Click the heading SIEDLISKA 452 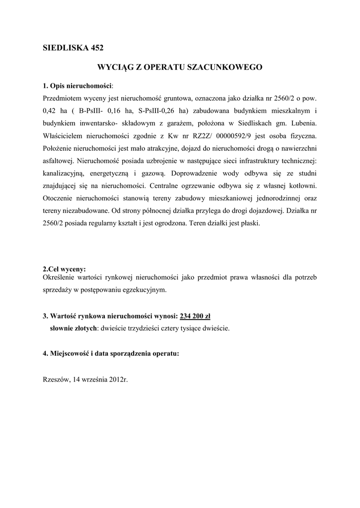point(73,48)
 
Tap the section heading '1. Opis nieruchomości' point(78,85)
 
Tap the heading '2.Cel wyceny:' point(65,269)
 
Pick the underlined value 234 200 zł point(196,316)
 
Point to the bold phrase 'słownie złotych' point(73,328)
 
